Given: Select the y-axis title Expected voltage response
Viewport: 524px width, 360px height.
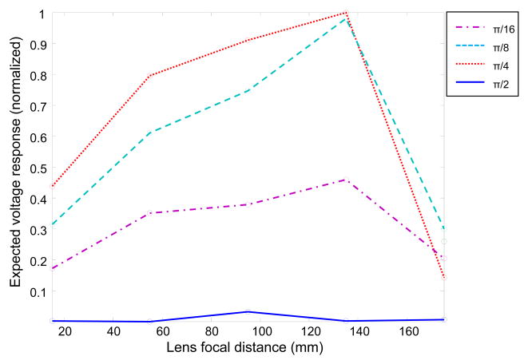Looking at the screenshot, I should click(x=15, y=167).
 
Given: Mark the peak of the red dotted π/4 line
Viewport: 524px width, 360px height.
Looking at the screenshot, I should click(x=346, y=13).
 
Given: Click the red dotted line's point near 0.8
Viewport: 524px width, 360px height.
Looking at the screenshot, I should click(x=149, y=76).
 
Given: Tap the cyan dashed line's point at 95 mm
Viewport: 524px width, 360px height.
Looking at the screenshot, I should click(x=248, y=91).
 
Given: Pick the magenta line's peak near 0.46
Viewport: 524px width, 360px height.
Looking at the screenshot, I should click(x=346, y=180).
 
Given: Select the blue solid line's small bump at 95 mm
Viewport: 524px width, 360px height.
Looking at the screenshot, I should click(x=248, y=311).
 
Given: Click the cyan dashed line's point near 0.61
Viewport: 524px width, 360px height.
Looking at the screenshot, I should click(x=149, y=133).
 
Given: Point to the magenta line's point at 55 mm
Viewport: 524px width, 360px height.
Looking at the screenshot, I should click(x=149, y=213).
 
